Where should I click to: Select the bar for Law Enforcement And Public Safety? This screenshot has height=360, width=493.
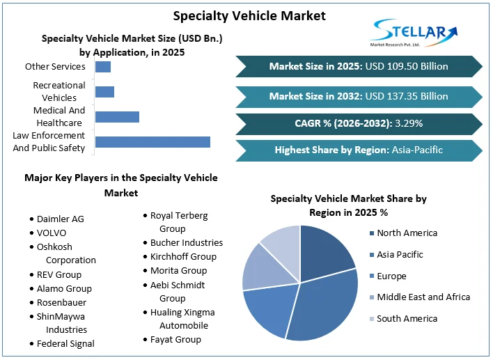pos(152,142)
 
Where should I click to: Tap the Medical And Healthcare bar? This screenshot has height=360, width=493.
pos(117,117)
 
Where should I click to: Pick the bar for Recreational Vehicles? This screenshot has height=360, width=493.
pos(104,92)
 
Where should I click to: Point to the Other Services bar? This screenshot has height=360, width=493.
pos(103,67)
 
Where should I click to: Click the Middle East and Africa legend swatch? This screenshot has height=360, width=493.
pos(372,297)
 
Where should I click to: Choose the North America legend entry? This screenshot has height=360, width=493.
pos(407,233)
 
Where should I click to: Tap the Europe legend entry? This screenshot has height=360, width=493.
pos(391,276)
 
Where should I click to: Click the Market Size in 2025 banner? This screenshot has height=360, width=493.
pos(359,67)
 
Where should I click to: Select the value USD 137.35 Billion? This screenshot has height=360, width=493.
pos(407,96)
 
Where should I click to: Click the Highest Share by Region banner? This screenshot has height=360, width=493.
pos(359,150)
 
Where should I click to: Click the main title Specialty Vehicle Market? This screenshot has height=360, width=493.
pos(249,15)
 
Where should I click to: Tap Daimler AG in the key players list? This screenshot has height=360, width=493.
pos(60,219)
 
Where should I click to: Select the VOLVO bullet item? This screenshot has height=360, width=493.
pos(52,233)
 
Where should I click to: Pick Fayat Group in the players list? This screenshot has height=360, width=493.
pos(175,339)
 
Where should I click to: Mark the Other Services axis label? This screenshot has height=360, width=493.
pos(55,67)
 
